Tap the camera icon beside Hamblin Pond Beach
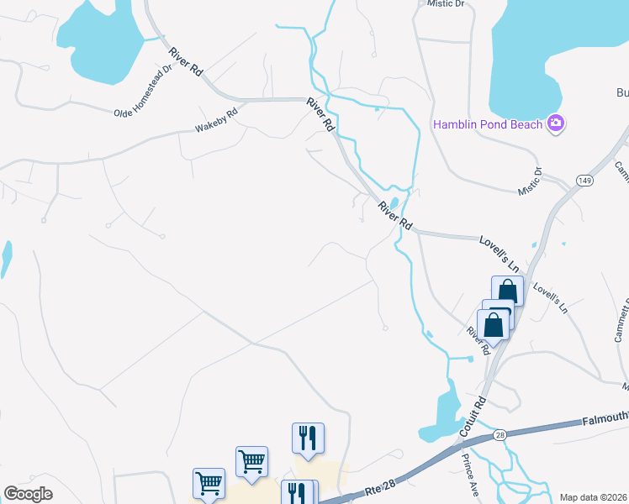(555, 124)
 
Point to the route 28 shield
(499, 434)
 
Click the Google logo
(28, 494)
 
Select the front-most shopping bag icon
(493, 323)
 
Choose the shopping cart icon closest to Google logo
(209, 483)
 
